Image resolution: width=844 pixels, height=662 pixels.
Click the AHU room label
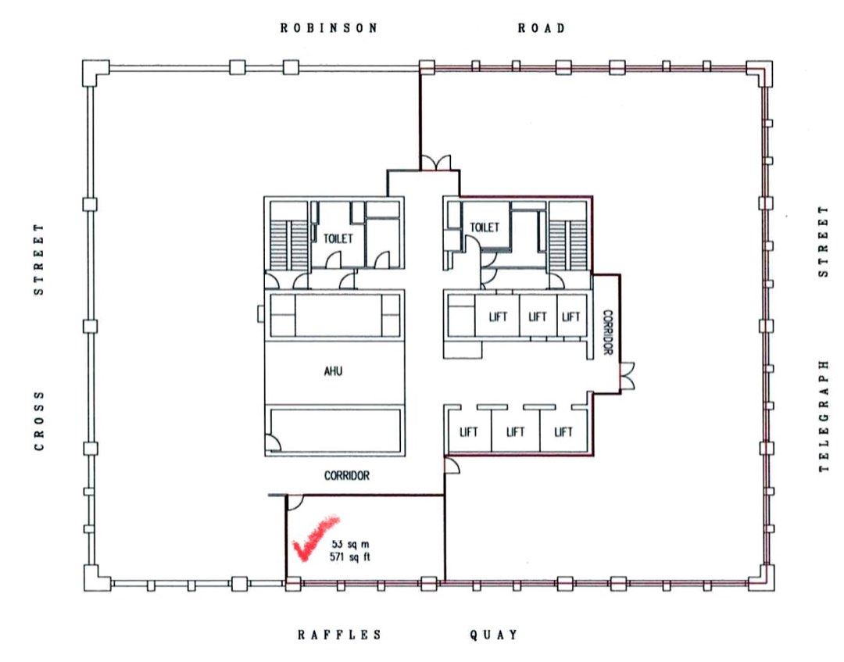333,370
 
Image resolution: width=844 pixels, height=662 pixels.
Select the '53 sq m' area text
350,545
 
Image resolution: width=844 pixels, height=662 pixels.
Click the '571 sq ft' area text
350,557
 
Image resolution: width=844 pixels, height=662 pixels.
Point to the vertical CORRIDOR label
607,332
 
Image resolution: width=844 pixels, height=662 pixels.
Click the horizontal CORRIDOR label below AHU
347,476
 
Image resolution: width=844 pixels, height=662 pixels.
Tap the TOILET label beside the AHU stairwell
338,238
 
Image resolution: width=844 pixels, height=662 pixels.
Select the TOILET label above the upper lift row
485,227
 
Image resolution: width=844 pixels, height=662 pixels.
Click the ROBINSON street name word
329,28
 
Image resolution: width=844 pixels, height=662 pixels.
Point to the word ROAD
542,28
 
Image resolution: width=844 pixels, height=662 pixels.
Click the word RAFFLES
340,635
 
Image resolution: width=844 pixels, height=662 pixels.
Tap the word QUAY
494,635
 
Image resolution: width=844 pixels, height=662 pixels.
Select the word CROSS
39,421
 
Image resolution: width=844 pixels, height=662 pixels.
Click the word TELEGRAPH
824,417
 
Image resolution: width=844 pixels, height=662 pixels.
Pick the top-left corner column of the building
95,73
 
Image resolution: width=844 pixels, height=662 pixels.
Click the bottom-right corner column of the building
761,578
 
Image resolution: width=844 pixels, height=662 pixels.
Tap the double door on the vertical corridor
627,375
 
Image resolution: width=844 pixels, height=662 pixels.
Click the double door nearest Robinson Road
435,163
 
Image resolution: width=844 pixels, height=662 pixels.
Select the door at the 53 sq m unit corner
295,502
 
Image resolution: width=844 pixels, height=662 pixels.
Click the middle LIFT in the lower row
515,431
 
